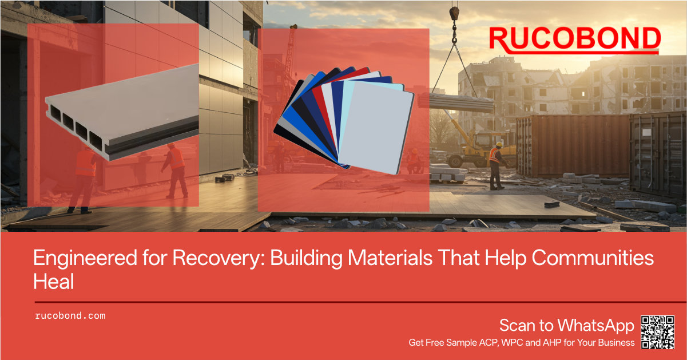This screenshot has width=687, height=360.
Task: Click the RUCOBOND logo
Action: click(574, 40)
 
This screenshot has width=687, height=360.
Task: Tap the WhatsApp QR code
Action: click(658, 333)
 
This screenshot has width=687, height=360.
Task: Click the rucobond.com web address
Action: click(70, 316)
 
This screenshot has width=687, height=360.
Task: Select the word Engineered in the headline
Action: click(85, 259)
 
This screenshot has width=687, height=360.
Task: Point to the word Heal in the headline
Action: click(54, 282)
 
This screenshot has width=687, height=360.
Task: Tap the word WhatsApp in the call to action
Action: click(595, 326)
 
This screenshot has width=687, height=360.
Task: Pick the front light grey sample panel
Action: click(376, 128)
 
